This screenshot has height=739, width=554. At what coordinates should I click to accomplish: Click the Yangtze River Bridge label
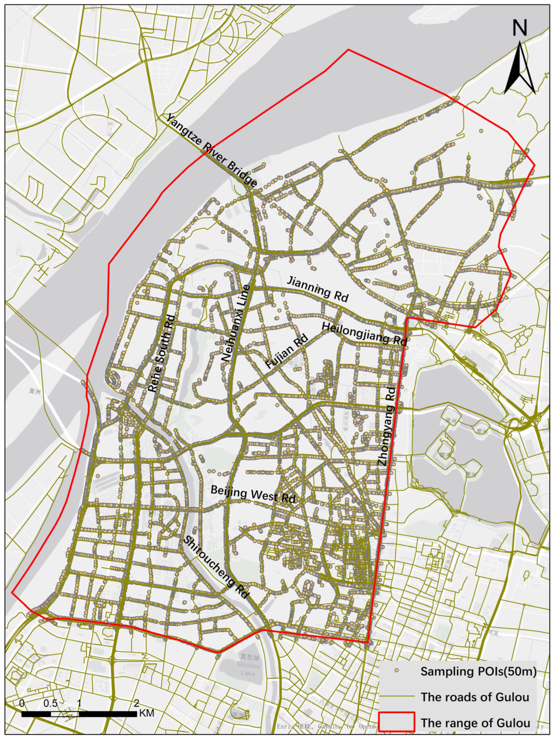212,151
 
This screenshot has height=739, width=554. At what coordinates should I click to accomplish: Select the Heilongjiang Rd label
364,334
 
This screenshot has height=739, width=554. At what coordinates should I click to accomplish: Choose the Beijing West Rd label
253,494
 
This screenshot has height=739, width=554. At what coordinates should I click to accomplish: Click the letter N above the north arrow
520,28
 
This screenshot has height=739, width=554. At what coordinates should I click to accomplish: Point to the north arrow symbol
520,68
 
